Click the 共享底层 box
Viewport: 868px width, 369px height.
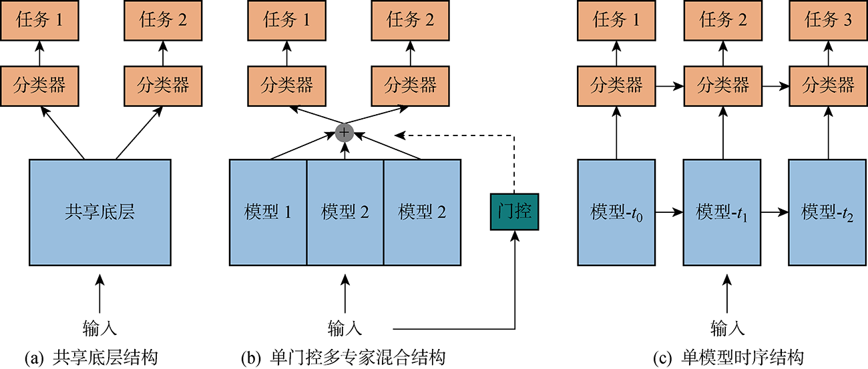coord(99,212)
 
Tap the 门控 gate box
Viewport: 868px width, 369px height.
coord(514,212)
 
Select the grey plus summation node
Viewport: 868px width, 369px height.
coord(345,132)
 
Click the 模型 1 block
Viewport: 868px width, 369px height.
coord(268,212)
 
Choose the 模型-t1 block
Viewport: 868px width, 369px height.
coord(722,212)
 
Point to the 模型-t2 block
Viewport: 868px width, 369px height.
coord(828,212)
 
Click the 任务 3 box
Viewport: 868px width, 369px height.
coord(828,21)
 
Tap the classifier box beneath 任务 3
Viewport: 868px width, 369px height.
coord(828,85)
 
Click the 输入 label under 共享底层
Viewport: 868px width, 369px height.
coord(100,328)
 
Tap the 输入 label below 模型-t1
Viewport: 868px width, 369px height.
coord(722,328)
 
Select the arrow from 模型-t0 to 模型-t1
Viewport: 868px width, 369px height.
coord(668,213)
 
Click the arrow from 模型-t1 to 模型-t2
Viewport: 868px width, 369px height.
coord(775,213)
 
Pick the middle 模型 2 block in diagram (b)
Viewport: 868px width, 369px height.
coord(345,212)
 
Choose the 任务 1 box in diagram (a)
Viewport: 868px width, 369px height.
coord(39,21)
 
